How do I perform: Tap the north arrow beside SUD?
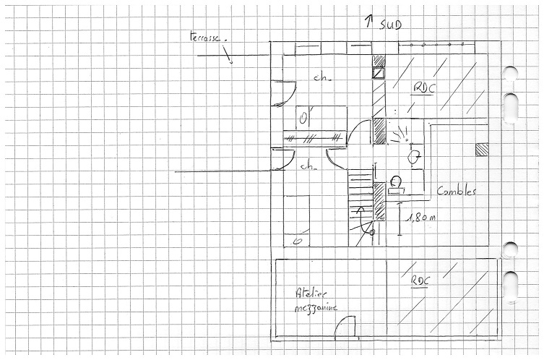click(370, 21)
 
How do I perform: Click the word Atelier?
click(308, 293)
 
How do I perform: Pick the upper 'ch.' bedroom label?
click(321, 77)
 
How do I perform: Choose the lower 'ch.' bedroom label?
click(308, 166)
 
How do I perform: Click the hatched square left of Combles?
click(482, 149)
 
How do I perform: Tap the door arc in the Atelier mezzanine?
click(346, 327)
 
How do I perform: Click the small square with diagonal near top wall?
click(378, 73)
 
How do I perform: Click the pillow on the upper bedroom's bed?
click(304, 117)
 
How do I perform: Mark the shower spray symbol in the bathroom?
click(398, 133)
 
